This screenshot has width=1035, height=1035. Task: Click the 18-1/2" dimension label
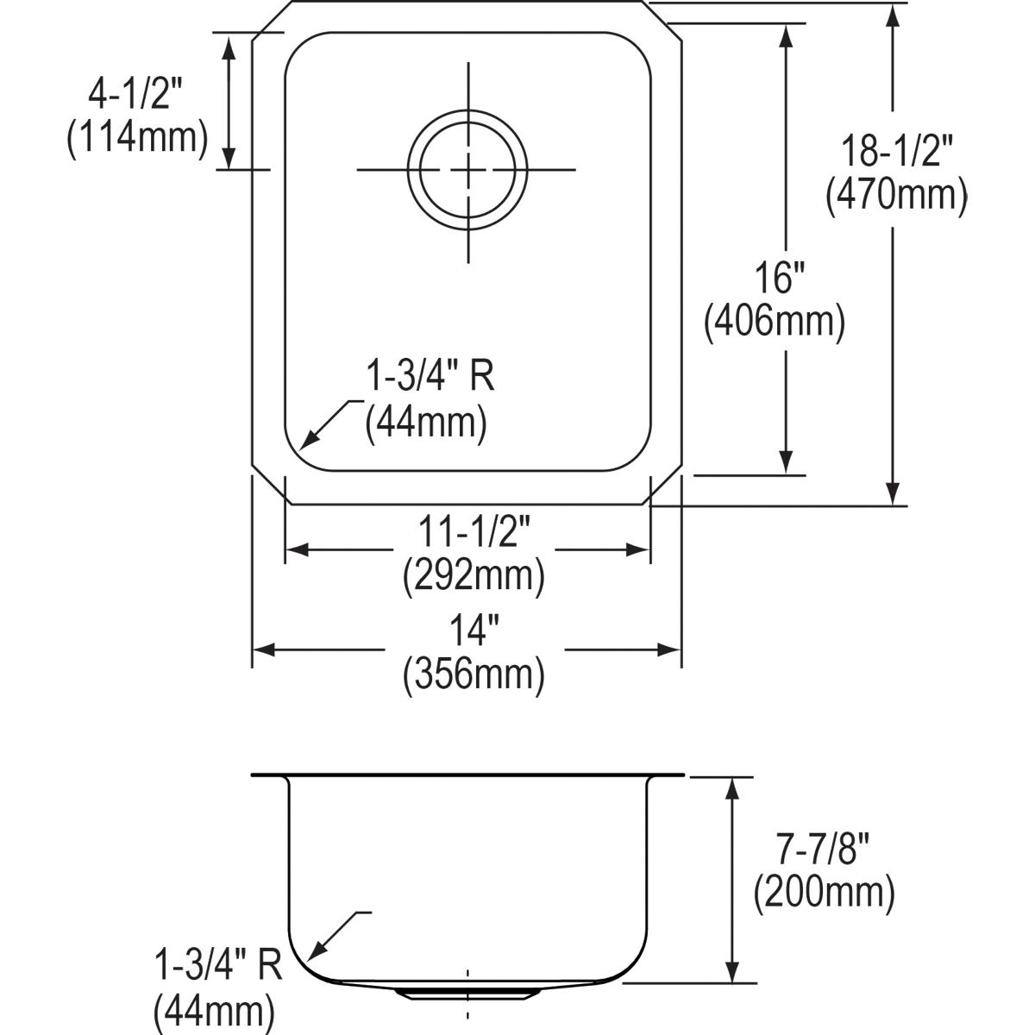pos(896,151)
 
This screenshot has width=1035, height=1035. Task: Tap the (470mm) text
pos(896,195)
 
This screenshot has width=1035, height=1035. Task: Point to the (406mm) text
pos(775,322)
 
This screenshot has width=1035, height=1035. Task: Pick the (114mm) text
pos(137,138)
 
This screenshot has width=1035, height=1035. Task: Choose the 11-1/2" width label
pos(474,532)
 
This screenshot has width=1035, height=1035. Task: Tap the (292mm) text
pos(474,577)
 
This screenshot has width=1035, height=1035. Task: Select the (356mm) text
pos(474,675)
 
